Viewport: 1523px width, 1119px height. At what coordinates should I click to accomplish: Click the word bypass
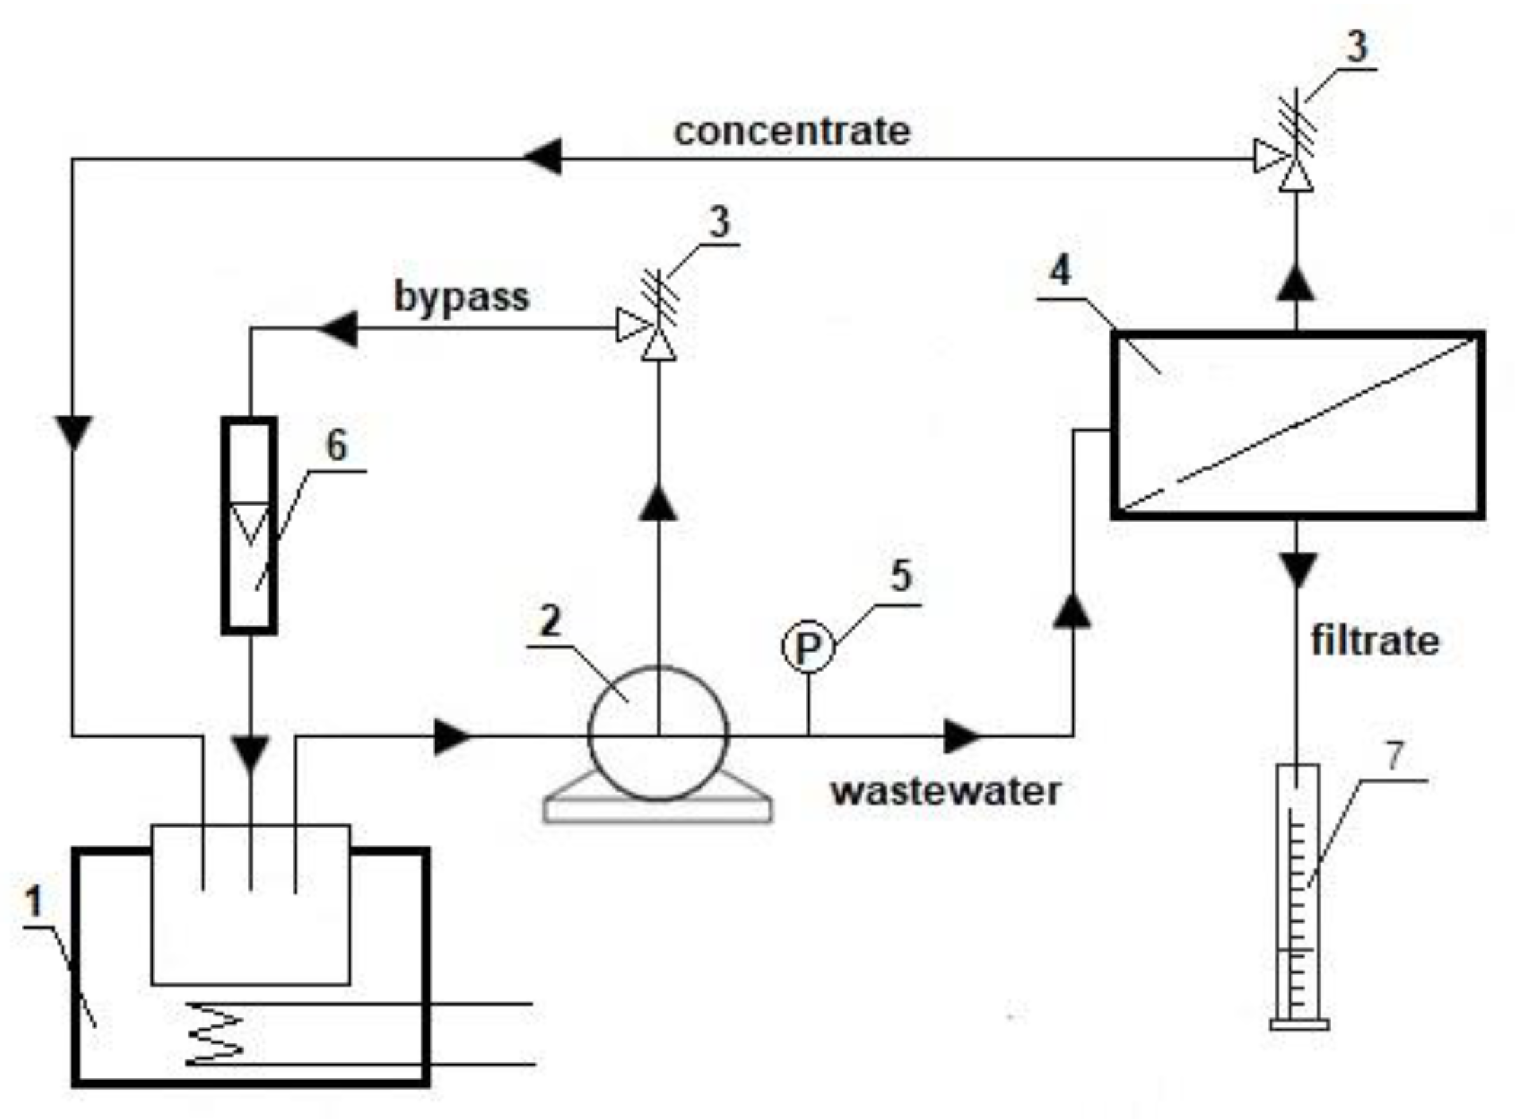(461, 297)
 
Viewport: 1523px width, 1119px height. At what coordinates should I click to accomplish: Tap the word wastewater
(946, 791)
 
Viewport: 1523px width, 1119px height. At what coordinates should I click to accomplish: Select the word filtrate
(1374, 641)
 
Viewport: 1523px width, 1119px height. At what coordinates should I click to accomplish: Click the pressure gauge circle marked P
(808, 647)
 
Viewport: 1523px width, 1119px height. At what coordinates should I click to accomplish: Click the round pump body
(657, 732)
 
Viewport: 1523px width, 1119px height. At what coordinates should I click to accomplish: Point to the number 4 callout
(1060, 270)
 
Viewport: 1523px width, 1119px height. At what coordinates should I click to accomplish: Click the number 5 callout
(901, 576)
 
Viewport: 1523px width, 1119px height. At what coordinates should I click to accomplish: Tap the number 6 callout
(337, 445)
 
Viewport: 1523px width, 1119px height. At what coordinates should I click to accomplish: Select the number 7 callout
(1395, 756)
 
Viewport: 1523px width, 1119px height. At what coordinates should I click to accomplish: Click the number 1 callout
(34, 901)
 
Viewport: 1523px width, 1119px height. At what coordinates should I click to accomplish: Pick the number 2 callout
(551, 620)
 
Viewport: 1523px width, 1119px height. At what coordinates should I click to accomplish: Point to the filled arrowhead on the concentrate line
(543, 158)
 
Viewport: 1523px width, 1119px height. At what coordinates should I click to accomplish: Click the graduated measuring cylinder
(1298, 896)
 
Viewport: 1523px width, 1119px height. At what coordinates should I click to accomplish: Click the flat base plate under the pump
(658, 810)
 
